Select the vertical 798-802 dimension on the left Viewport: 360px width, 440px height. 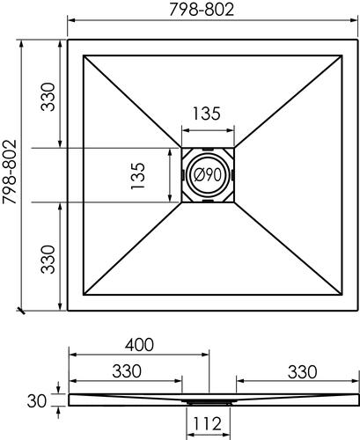[10, 174]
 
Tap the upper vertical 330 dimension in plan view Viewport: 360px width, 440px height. [48, 92]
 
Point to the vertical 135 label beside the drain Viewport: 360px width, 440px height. [137, 175]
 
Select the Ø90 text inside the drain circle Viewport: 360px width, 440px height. [208, 175]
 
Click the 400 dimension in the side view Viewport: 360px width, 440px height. [138, 343]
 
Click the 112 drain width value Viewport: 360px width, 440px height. [208, 426]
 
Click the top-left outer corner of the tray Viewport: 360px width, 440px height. [69, 40]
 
